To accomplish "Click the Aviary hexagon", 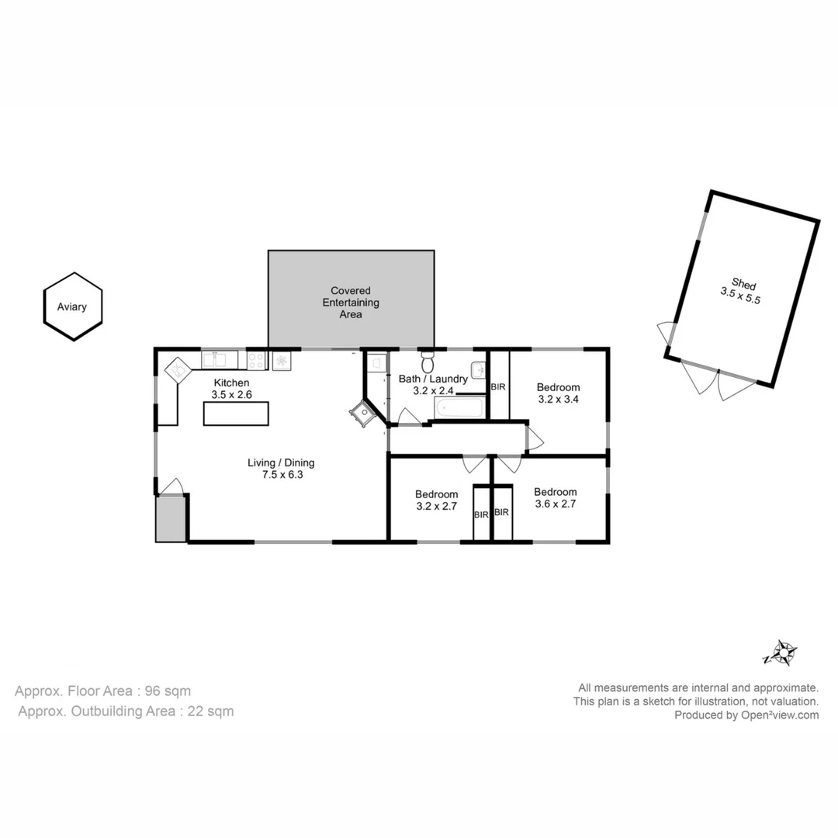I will [72, 306].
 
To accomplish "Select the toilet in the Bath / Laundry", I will [427, 362].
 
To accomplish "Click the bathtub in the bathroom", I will [458, 409].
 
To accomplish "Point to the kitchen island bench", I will [235, 414].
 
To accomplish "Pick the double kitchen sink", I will [219, 359].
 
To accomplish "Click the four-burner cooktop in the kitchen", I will [256, 360].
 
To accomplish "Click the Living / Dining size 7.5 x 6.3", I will [280, 475].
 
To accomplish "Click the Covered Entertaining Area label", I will [351, 303].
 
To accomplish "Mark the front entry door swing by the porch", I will [172, 487].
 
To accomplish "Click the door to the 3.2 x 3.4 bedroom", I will [535, 440].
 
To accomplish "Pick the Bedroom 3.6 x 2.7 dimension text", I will [555, 504].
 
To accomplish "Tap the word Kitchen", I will [231, 383].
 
